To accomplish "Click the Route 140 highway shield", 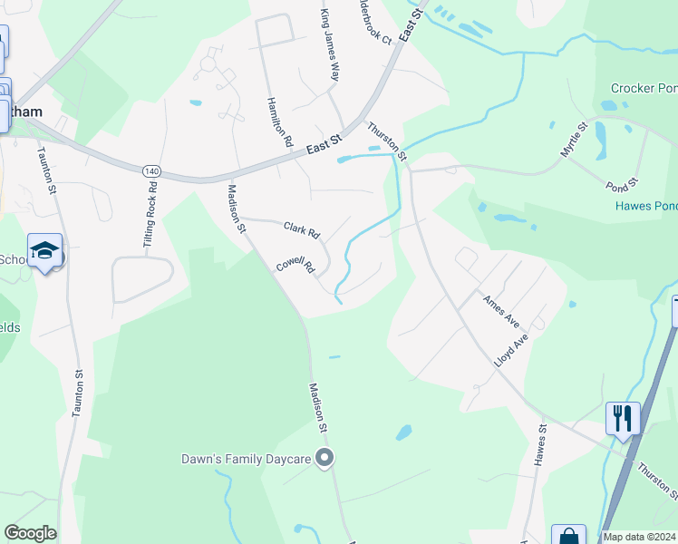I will click(151, 170).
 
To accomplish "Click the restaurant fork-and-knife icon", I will click(623, 418).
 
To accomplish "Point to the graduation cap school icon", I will click(44, 250).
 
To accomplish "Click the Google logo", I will click(30, 533).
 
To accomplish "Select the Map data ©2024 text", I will click(640, 537).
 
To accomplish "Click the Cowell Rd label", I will click(295, 265).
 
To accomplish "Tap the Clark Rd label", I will click(302, 231).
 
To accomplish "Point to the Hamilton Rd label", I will click(280, 122).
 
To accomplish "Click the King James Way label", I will click(329, 45).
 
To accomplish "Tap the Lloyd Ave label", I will click(511, 350).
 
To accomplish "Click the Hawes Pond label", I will click(646, 207).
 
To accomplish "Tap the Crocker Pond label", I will click(644, 88).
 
